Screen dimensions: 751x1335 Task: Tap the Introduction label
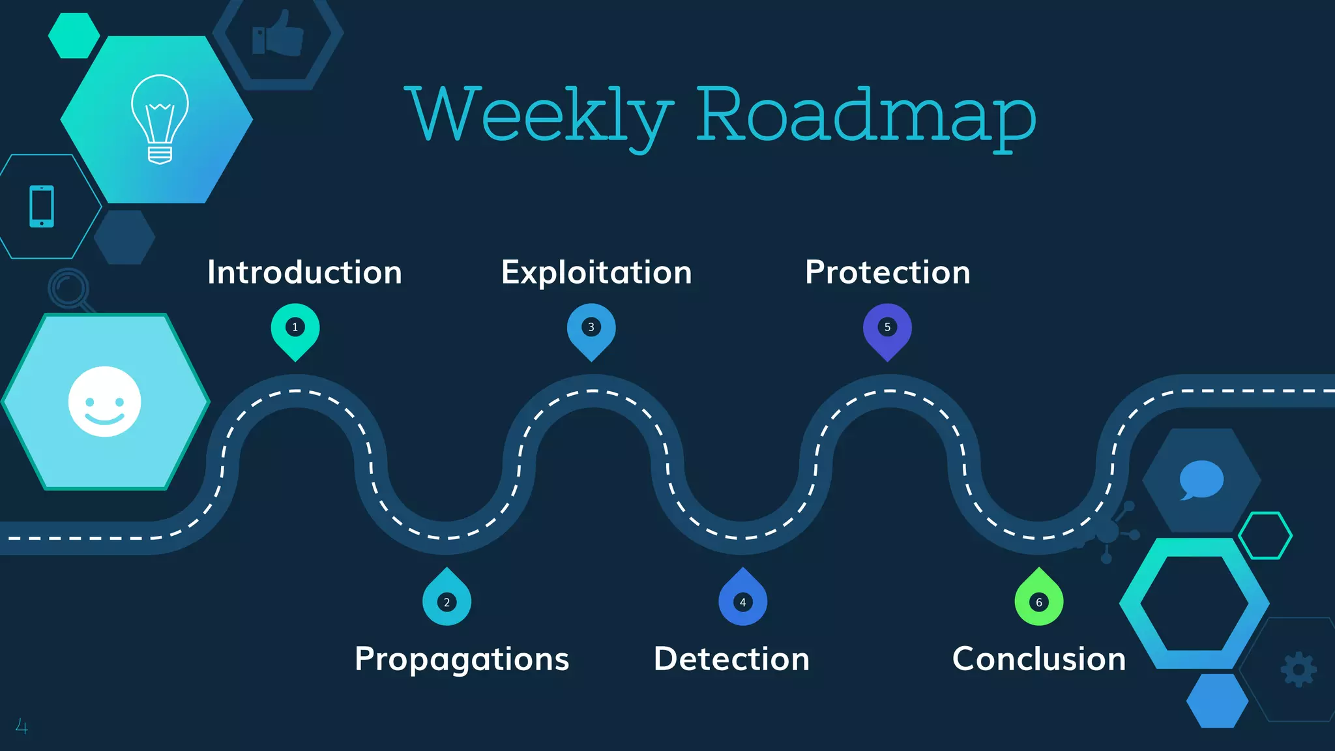304,272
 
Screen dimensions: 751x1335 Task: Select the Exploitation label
596,272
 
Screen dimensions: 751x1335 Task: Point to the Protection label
888,272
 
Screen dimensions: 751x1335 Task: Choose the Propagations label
462,659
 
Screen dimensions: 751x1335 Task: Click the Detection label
731,659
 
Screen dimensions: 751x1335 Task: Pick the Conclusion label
1039,659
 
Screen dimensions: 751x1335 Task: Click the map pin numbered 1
295,329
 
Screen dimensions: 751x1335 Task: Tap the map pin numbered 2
447,600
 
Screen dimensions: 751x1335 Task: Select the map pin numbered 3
591,329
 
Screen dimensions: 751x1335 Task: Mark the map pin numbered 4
742,600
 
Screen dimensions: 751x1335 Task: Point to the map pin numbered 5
887,329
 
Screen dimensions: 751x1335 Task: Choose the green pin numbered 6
1039,600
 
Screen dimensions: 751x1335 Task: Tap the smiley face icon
104,402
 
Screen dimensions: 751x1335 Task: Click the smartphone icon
42,207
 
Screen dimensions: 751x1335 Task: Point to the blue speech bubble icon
1201,480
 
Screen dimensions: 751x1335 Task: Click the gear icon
1298,670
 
